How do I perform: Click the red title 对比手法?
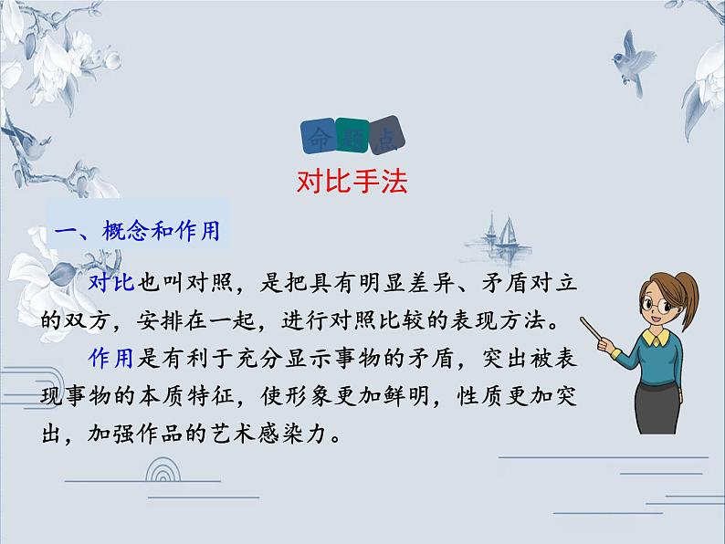pyautogui.click(x=352, y=181)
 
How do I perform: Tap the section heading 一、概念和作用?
pyautogui.click(x=138, y=232)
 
